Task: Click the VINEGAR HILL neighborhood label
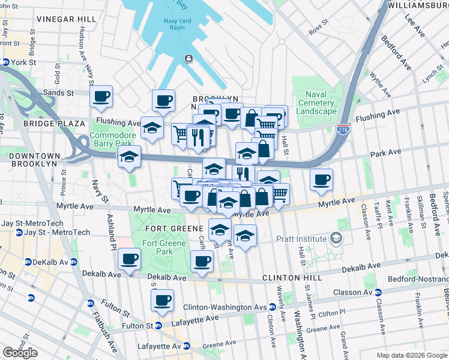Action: tap(65, 19)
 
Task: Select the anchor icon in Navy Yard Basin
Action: tap(188, 58)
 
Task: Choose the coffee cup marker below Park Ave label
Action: tap(322, 179)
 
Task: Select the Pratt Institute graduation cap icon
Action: tap(337, 239)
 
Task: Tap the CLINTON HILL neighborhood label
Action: tap(292, 278)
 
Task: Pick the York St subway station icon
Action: tap(5, 62)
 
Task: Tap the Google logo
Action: tap(20, 352)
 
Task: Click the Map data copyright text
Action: tap(411, 355)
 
